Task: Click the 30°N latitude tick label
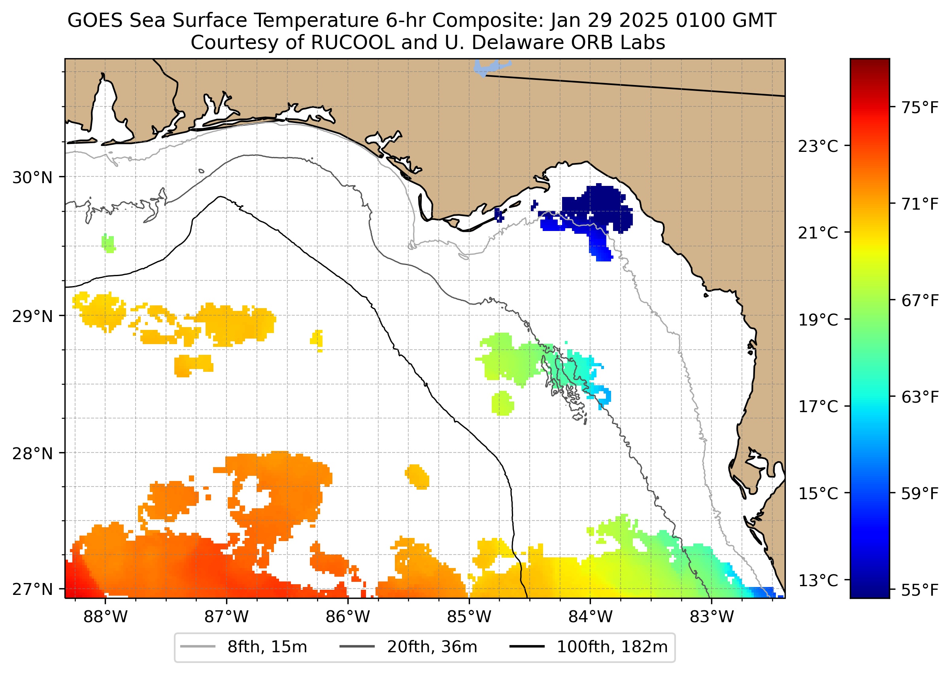pos(32,178)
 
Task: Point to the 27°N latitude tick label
pos(32,589)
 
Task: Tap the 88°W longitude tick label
pos(106,617)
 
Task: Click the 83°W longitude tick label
pos(712,617)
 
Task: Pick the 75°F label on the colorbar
pos(919,108)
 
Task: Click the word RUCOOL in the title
pos(353,42)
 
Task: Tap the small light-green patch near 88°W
pos(108,243)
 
